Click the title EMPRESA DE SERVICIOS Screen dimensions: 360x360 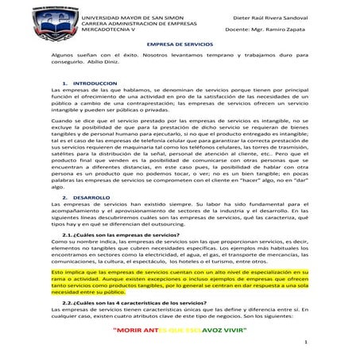click(x=179, y=45)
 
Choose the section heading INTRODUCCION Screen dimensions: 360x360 click(x=95, y=83)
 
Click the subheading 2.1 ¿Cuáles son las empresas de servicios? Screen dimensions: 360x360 click(x=126, y=234)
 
